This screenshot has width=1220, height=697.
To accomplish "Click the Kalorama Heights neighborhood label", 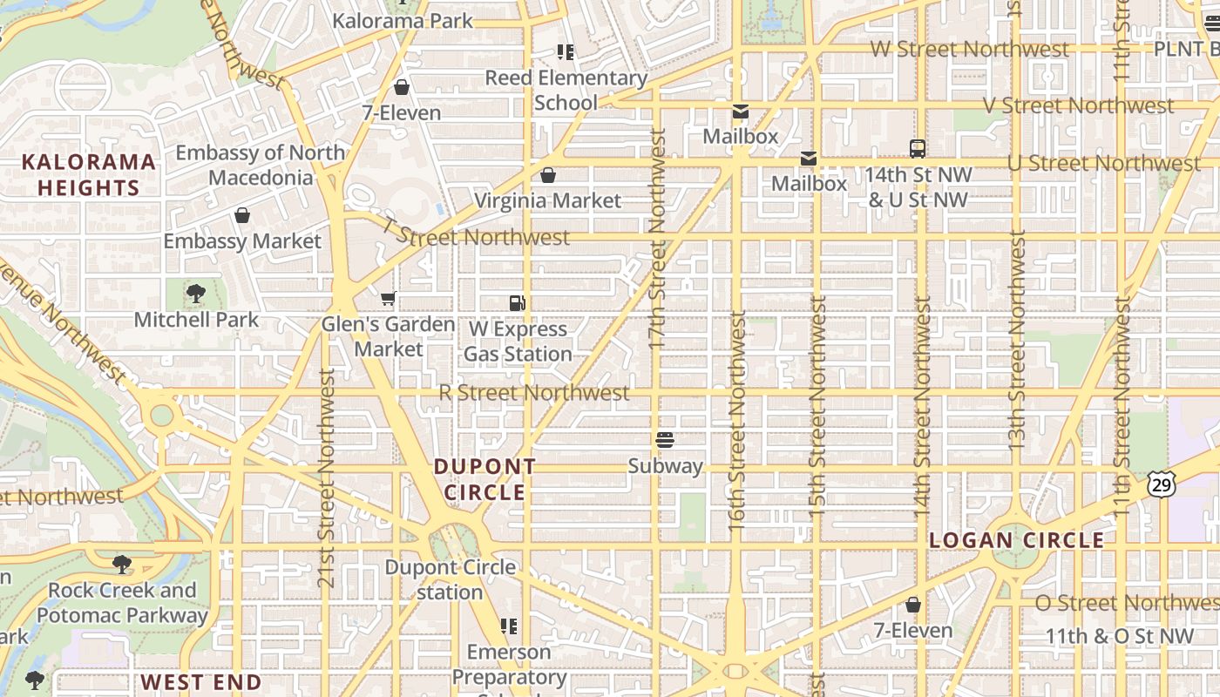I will coord(88,174).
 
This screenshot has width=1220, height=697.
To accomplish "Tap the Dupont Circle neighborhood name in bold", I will coord(485,479).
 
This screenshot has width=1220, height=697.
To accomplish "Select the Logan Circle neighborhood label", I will coord(1016,540).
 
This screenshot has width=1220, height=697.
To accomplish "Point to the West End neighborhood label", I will coord(201,681).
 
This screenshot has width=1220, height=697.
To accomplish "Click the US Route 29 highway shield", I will coord(1161,484).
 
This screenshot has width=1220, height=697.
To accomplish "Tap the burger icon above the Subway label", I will coord(665,440).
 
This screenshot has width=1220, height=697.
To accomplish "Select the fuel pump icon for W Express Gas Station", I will coord(518,303).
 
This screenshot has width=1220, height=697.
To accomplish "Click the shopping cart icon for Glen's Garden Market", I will coord(389,299).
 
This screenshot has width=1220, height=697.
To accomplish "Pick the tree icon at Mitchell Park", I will coord(196,294).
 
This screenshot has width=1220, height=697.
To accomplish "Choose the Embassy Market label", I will coord(242,241).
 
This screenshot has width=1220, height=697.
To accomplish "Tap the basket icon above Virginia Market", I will coord(548,175).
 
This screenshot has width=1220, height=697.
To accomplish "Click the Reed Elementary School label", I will coord(566,90).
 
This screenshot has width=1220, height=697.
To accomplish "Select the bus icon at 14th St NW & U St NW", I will coord(918,148).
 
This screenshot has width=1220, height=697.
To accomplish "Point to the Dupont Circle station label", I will coord(450,579).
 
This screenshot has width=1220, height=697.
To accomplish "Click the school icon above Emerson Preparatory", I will coord(509,626).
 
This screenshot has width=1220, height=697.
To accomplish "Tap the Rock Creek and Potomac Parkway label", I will coord(122,602).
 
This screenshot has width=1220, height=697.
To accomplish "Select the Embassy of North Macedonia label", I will coord(261,165).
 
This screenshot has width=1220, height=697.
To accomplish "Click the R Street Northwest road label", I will coord(533,393).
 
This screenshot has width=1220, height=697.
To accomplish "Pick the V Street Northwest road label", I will coord(1079,105).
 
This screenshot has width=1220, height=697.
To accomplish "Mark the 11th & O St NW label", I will coord(1120,636).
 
